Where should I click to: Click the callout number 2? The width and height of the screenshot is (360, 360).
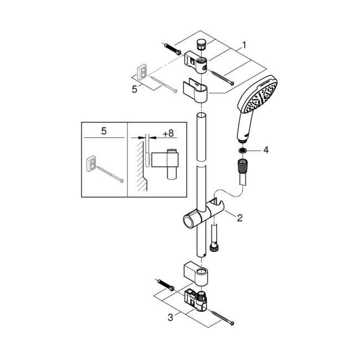[239, 218]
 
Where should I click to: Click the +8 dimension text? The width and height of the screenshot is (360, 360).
[167, 133]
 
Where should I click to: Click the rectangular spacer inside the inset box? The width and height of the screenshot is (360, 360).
[91, 163]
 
